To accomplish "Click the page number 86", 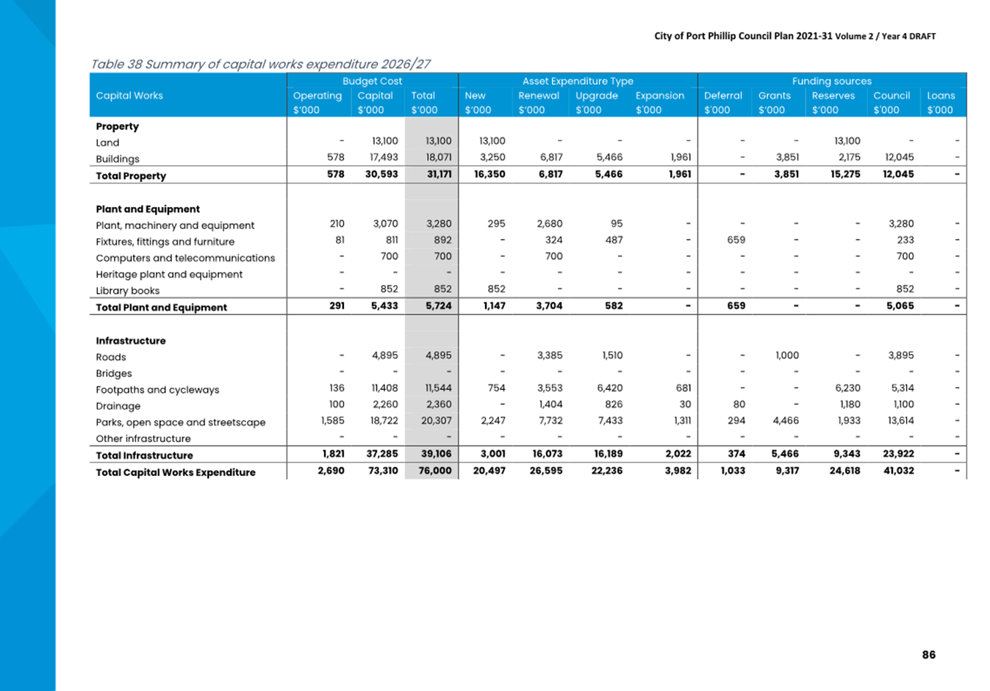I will point(928,654).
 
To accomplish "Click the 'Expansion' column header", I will point(659,95).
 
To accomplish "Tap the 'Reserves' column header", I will point(833,95).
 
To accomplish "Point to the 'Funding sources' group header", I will point(831,81).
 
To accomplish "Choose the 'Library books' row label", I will point(127,291).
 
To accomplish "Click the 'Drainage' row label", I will point(118,406).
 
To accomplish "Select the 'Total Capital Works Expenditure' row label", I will point(176,472).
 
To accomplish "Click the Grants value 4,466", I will point(784,421).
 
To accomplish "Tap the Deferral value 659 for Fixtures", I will point(736,240).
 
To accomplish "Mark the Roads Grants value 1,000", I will point(786,355).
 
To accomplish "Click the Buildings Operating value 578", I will point(335,157).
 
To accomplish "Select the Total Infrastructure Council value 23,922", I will point(898,454).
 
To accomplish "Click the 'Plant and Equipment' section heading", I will point(148,209).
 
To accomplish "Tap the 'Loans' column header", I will point(941,95).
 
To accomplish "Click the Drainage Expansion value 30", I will point(685,404).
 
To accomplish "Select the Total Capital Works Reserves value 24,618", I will point(844,471).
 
